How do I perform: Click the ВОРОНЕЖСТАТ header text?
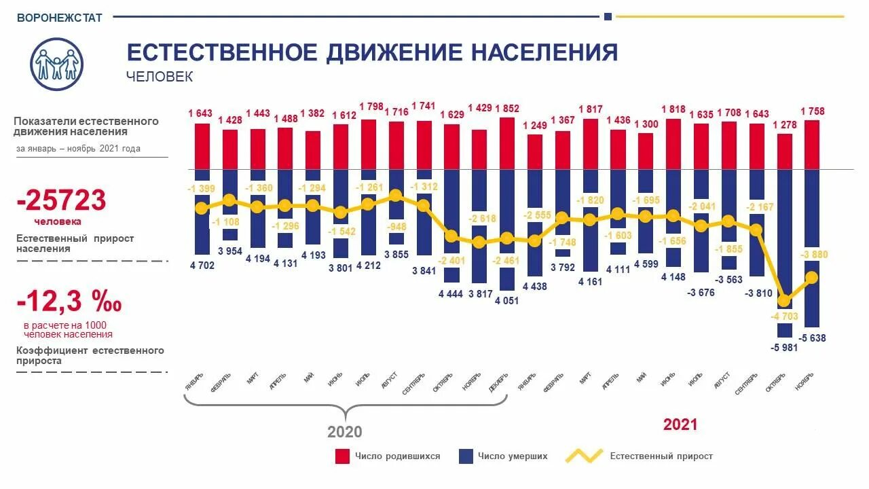[60, 18]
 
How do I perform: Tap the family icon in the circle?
[57, 63]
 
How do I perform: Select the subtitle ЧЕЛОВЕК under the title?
[160, 77]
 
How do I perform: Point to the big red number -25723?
[62, 200]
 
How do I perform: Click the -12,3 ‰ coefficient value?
[69, 301]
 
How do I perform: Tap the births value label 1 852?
[507, 109]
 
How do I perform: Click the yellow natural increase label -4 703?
[785, 316]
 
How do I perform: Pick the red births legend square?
[342, 456]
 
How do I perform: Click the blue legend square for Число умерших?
[466, 456]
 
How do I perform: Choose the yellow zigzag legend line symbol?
[584, 456]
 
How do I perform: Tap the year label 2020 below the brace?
[345, 432]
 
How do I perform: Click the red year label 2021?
[680, 425]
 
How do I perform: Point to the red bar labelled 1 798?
[369, 144]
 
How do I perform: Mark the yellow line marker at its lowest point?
[785, 300]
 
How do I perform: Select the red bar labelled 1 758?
[813, 145]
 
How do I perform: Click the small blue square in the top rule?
[608, 16]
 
